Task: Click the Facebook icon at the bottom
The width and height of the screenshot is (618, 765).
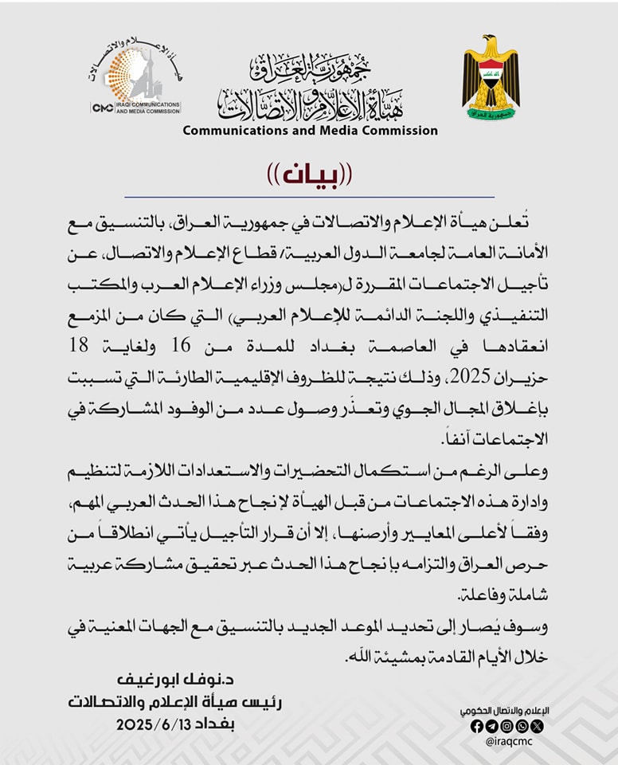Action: coord(476,726)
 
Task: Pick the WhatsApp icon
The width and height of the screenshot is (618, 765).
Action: coord(522,726)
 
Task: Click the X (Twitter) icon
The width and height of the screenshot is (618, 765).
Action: coord(537,726)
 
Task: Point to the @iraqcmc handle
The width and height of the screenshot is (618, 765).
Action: coord(507,741)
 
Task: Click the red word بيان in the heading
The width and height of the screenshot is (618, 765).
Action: coord(309,175)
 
